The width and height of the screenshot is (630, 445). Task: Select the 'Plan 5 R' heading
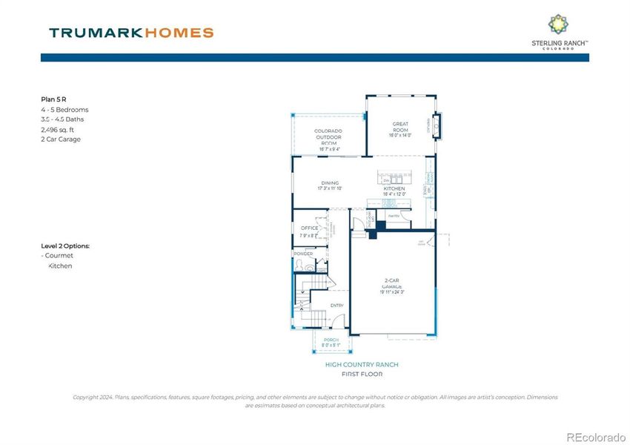point(54,98)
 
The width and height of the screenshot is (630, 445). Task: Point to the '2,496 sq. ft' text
point(59,129)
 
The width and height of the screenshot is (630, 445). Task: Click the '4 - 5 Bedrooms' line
point(64,109)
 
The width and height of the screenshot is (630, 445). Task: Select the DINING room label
point(330,183)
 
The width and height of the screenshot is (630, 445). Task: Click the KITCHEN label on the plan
point(394,188)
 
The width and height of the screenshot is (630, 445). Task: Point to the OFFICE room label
point(309,228)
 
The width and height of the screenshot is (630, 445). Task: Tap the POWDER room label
point(304,254)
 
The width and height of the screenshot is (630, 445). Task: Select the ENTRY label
point(336,305)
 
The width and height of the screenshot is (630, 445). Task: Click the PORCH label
point(331,340)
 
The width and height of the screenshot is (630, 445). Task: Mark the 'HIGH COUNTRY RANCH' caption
point(361,364)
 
